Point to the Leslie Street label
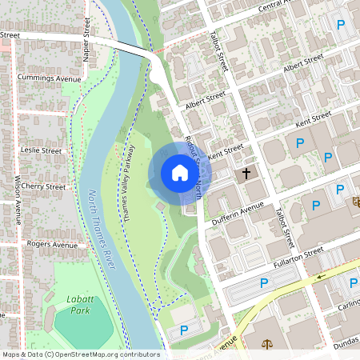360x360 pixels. click(x=42, y=150)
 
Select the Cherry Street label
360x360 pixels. click(x=45, y=186)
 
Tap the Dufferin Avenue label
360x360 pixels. click(x=237, y=211)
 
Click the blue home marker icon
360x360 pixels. click(x=179, y=173)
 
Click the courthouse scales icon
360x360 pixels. click(x=266, y=344)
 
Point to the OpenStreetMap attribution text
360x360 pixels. click(x=81, y=354)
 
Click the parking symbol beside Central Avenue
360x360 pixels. click(x=342, y=26)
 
